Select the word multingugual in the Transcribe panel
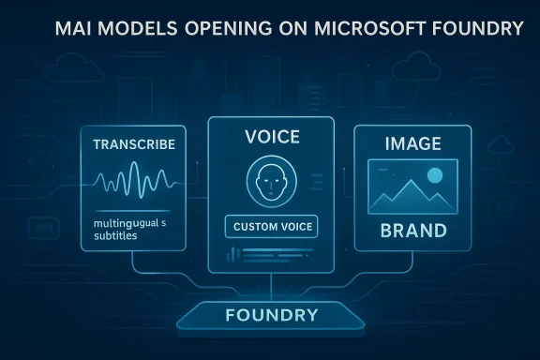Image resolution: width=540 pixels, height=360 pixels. click(126, 223)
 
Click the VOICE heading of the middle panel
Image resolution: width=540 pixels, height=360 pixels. click(271, 137)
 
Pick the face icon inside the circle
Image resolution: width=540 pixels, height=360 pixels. click(270, 182)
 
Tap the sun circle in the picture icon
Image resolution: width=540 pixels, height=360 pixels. click(434, 174)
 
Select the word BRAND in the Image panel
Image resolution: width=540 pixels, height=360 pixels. click(412, 230)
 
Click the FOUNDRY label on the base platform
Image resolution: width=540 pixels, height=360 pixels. click(272, 314)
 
